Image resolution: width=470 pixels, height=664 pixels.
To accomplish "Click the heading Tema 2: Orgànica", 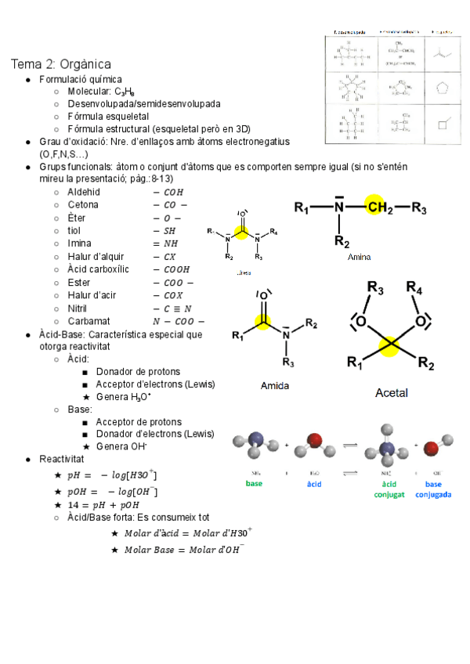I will pyautogui.click(x=60, y=63).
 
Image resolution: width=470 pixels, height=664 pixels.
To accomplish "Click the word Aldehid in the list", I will pyautogui.click(x=84, y=192).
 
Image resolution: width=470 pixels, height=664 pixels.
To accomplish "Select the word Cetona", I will pyautogui.click(x=83, y=204).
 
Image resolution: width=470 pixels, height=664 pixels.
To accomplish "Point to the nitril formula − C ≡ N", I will pyautogui.click(x=173, y=309).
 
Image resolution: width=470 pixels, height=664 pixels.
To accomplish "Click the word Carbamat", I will pyautogui.click(x=89, y=321).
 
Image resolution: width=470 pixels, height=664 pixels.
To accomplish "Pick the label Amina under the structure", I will pyautogui.click(x=359, y=257).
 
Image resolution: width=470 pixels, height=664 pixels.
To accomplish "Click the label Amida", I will pyautogui.click(x=275, y=386).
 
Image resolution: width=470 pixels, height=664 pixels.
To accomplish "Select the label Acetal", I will pyautogui.click(x=392, y=392).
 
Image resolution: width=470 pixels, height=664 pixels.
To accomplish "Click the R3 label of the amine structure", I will pyautogui.click(x=419, y=208).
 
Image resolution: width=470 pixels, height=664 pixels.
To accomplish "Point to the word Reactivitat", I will pyautogui.click(x=62, y=459).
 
